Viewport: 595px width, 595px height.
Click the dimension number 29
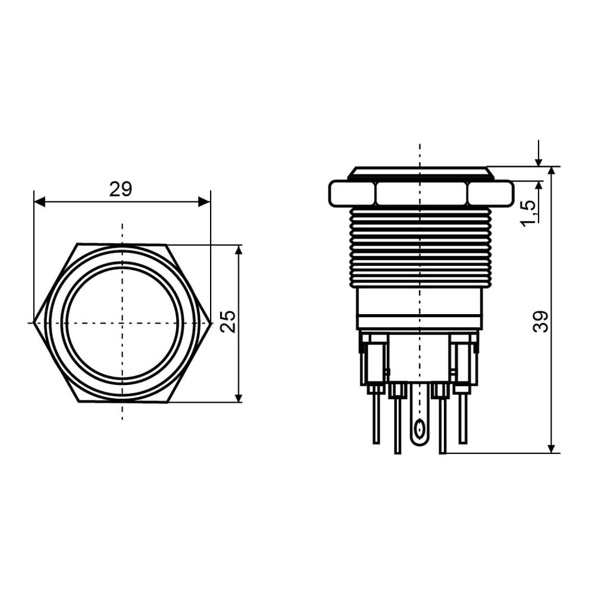(x=121, y=189)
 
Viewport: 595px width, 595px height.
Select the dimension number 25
(x=228, y=321)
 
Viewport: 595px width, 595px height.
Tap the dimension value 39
(x=540, y=321)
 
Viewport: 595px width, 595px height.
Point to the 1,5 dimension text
(x=528, y=214)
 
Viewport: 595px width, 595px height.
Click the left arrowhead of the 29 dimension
(x=40, y=202)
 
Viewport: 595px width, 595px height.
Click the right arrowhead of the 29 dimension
(x=205, y=202)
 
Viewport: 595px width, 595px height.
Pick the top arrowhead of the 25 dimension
(x=239, y=251)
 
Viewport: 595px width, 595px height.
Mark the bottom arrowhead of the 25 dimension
(x=239, y=396)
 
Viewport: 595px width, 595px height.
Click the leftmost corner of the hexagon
(x=34, y=323)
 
